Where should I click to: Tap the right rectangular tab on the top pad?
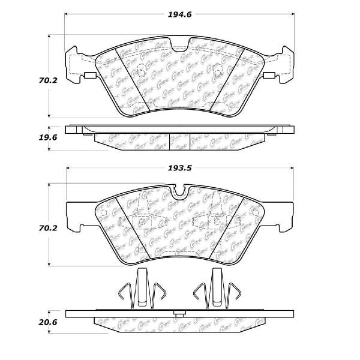pos(269,76)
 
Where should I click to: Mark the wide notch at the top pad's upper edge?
pos(179,45)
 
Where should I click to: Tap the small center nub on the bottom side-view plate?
pos(179,314)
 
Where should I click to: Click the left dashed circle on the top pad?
pos(142,75)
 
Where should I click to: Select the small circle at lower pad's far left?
pos(103,214)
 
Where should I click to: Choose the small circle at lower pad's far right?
pos(256,214)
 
